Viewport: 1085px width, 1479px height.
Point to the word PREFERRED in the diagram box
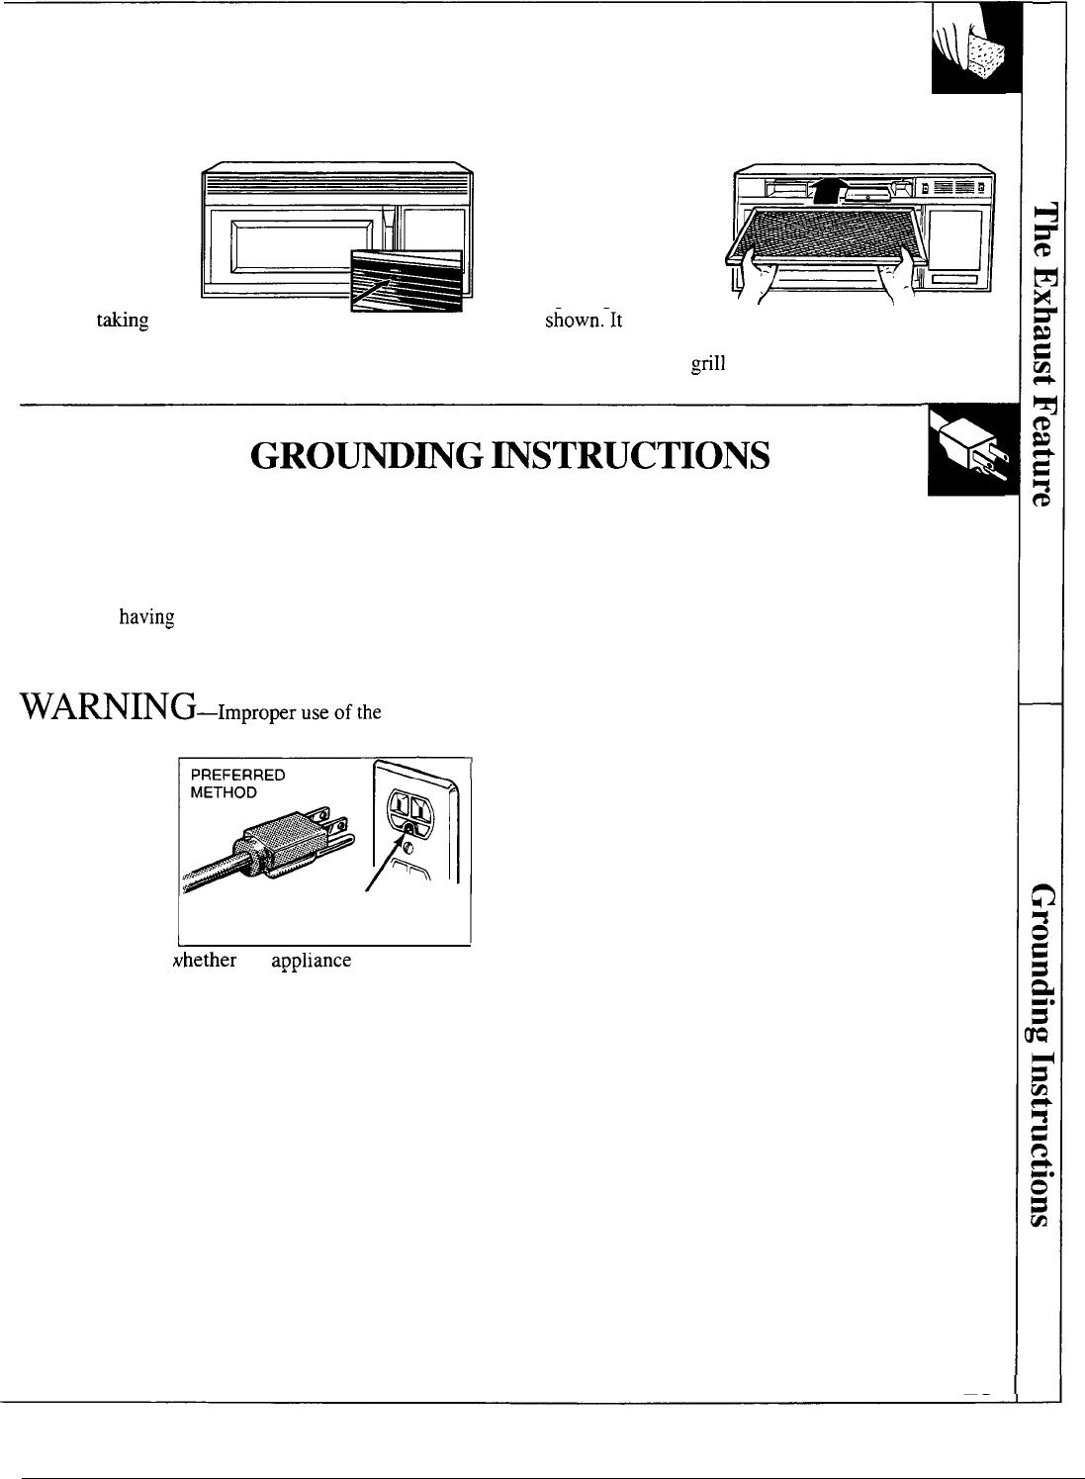237,776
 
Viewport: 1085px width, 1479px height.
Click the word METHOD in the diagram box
225,792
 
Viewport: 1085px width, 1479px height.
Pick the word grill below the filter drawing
708,363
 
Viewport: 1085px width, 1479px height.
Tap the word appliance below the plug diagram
312,961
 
